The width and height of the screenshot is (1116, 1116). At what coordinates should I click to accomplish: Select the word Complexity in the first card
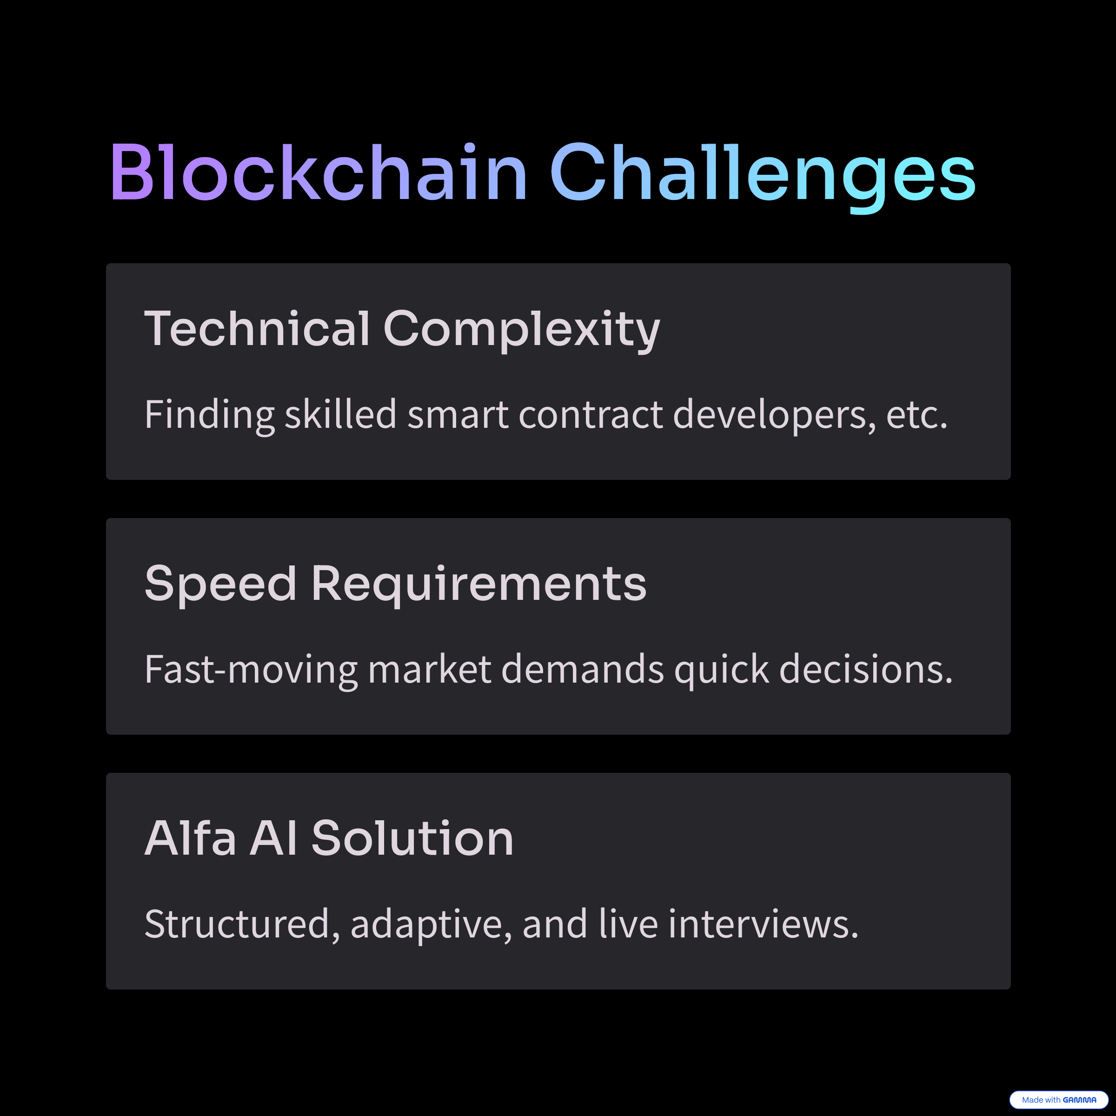(522, 331)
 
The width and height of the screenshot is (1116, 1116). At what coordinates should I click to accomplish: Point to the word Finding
(209, 415)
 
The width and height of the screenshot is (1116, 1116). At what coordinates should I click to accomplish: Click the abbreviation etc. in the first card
(917, 416)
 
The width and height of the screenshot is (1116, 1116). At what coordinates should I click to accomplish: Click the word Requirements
(479, 585)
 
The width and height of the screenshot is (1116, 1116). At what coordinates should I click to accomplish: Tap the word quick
(722, 670)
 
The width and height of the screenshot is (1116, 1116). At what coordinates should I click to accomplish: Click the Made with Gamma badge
(1059, 1100)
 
